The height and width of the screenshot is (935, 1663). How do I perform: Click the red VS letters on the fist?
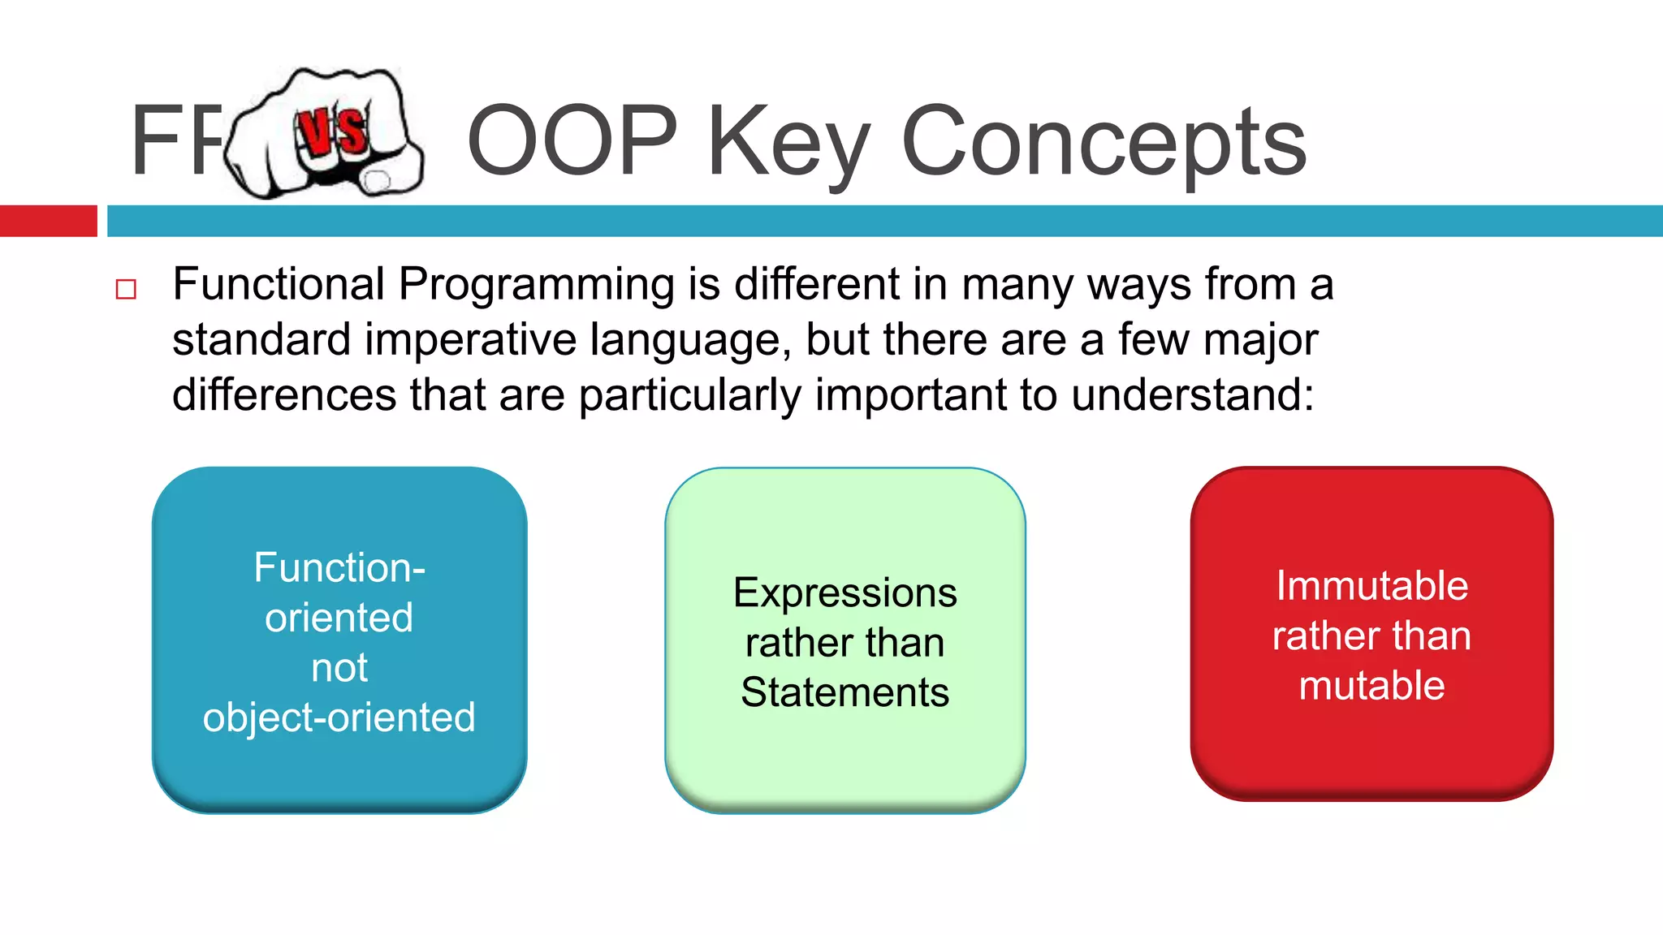(330, 131)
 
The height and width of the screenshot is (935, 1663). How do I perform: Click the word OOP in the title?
(572, 140)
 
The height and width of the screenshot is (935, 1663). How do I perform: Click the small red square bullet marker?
(126, 289)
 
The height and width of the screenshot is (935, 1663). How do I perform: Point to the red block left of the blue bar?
(48, 221)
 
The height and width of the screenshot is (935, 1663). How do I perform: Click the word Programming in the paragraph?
(536, 285)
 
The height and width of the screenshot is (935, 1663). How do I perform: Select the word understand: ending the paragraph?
(1192, 395)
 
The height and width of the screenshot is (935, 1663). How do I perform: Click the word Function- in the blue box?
(339, 567)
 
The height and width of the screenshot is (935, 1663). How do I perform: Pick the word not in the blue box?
(339, 668)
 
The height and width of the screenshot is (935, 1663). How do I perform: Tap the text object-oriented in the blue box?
(339, 718)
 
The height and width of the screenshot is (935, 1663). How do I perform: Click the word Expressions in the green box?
(844, 593)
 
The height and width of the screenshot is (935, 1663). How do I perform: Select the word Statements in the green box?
(844, 693)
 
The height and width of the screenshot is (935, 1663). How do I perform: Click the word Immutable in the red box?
(1371, 586)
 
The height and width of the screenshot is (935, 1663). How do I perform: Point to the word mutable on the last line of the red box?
(1371, 686)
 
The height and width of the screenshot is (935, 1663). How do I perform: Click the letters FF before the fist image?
(175, 140)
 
